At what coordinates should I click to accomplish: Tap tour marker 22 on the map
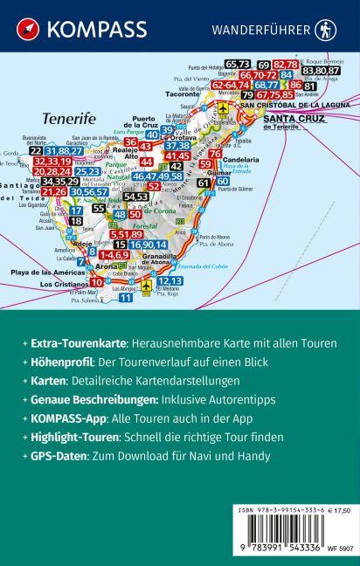[x=36, y=150]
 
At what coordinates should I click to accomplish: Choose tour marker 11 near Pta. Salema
[x=126, y=297]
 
